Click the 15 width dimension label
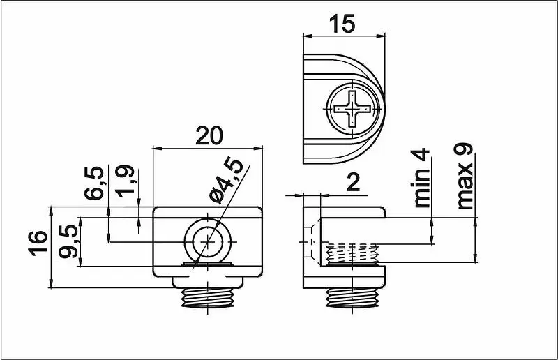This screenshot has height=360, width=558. [x=342, y=24]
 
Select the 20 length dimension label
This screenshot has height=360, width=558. [x=209, y=135]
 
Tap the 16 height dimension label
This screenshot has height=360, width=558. [x=38, y=243]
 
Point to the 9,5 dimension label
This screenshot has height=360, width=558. [x=68, y=241]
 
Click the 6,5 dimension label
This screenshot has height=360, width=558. [x=94, y=183]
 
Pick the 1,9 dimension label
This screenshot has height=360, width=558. [x=126, y=181]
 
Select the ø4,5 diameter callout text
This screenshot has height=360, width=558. [x=226, y=181]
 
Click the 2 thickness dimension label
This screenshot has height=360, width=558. [x=353, y=183]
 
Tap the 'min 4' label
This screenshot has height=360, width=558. [x=421, y=178]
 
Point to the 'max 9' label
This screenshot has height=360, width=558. [x=465, y=177]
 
